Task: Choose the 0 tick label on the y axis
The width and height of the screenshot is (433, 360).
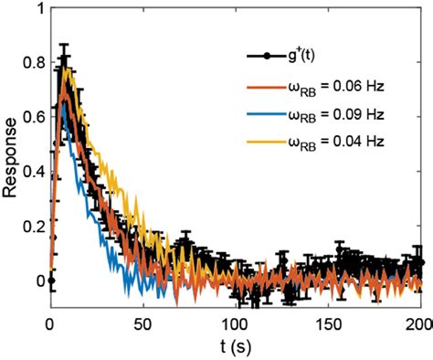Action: pyautogui.click(x=38, y=280)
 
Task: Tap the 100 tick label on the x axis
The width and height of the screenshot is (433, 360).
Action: pyautogui.click(x=236, y=323)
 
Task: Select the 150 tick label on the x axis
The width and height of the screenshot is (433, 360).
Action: pyautogui.click(x=328, y=323)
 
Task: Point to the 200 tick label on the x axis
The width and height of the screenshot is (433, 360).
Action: pyautogui.click(x=419, y=323)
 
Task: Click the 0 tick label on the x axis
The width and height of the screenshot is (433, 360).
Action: pyautogui.click(x=51, y=323)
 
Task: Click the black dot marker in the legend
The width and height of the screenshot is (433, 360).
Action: pyautogui.click(x=266, y=57)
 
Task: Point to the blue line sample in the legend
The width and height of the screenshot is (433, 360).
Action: pyautogui.click(x=266, y=116)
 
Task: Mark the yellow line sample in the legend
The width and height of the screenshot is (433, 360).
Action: pyautogui.click(x=266, y=143)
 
